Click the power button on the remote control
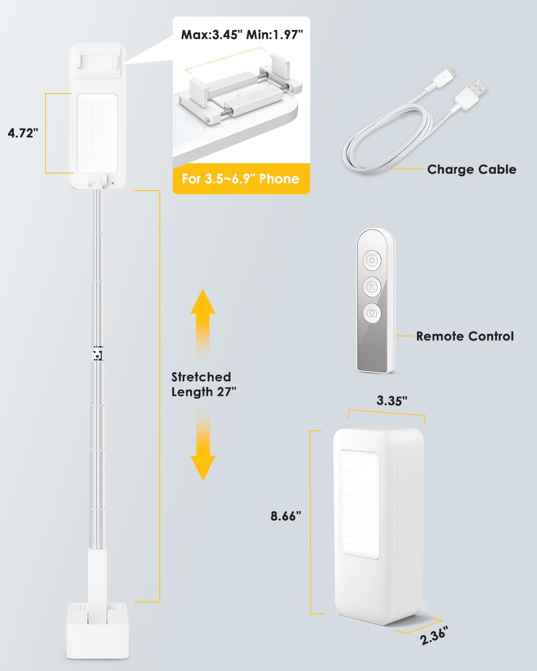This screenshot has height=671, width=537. (372, 259)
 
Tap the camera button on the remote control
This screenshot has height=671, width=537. (372, 313)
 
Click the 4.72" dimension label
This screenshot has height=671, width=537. (23, 133)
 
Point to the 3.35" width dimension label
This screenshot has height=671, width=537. (392, 400)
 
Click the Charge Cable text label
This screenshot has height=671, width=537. (471, 170)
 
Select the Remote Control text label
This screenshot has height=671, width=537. (465, 336)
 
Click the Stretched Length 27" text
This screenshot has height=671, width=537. (203, 384)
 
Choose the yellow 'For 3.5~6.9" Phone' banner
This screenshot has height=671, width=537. (241, 179)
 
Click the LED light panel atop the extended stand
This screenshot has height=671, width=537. (98, 133)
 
